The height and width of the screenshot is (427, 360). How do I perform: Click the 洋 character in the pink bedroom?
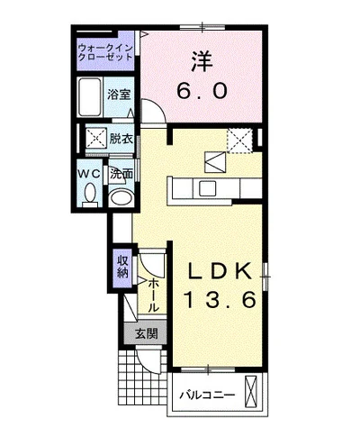[x=201, y=62]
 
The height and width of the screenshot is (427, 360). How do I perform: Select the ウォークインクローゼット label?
[x=105, y=50]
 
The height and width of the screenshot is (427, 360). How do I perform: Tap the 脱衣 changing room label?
[x=121, y=138]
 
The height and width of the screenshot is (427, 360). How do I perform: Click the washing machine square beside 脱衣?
[x=95, y=138]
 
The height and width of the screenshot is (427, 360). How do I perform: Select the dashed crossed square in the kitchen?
[x=239, y=140]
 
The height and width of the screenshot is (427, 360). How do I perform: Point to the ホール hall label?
[x=154, y=293]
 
